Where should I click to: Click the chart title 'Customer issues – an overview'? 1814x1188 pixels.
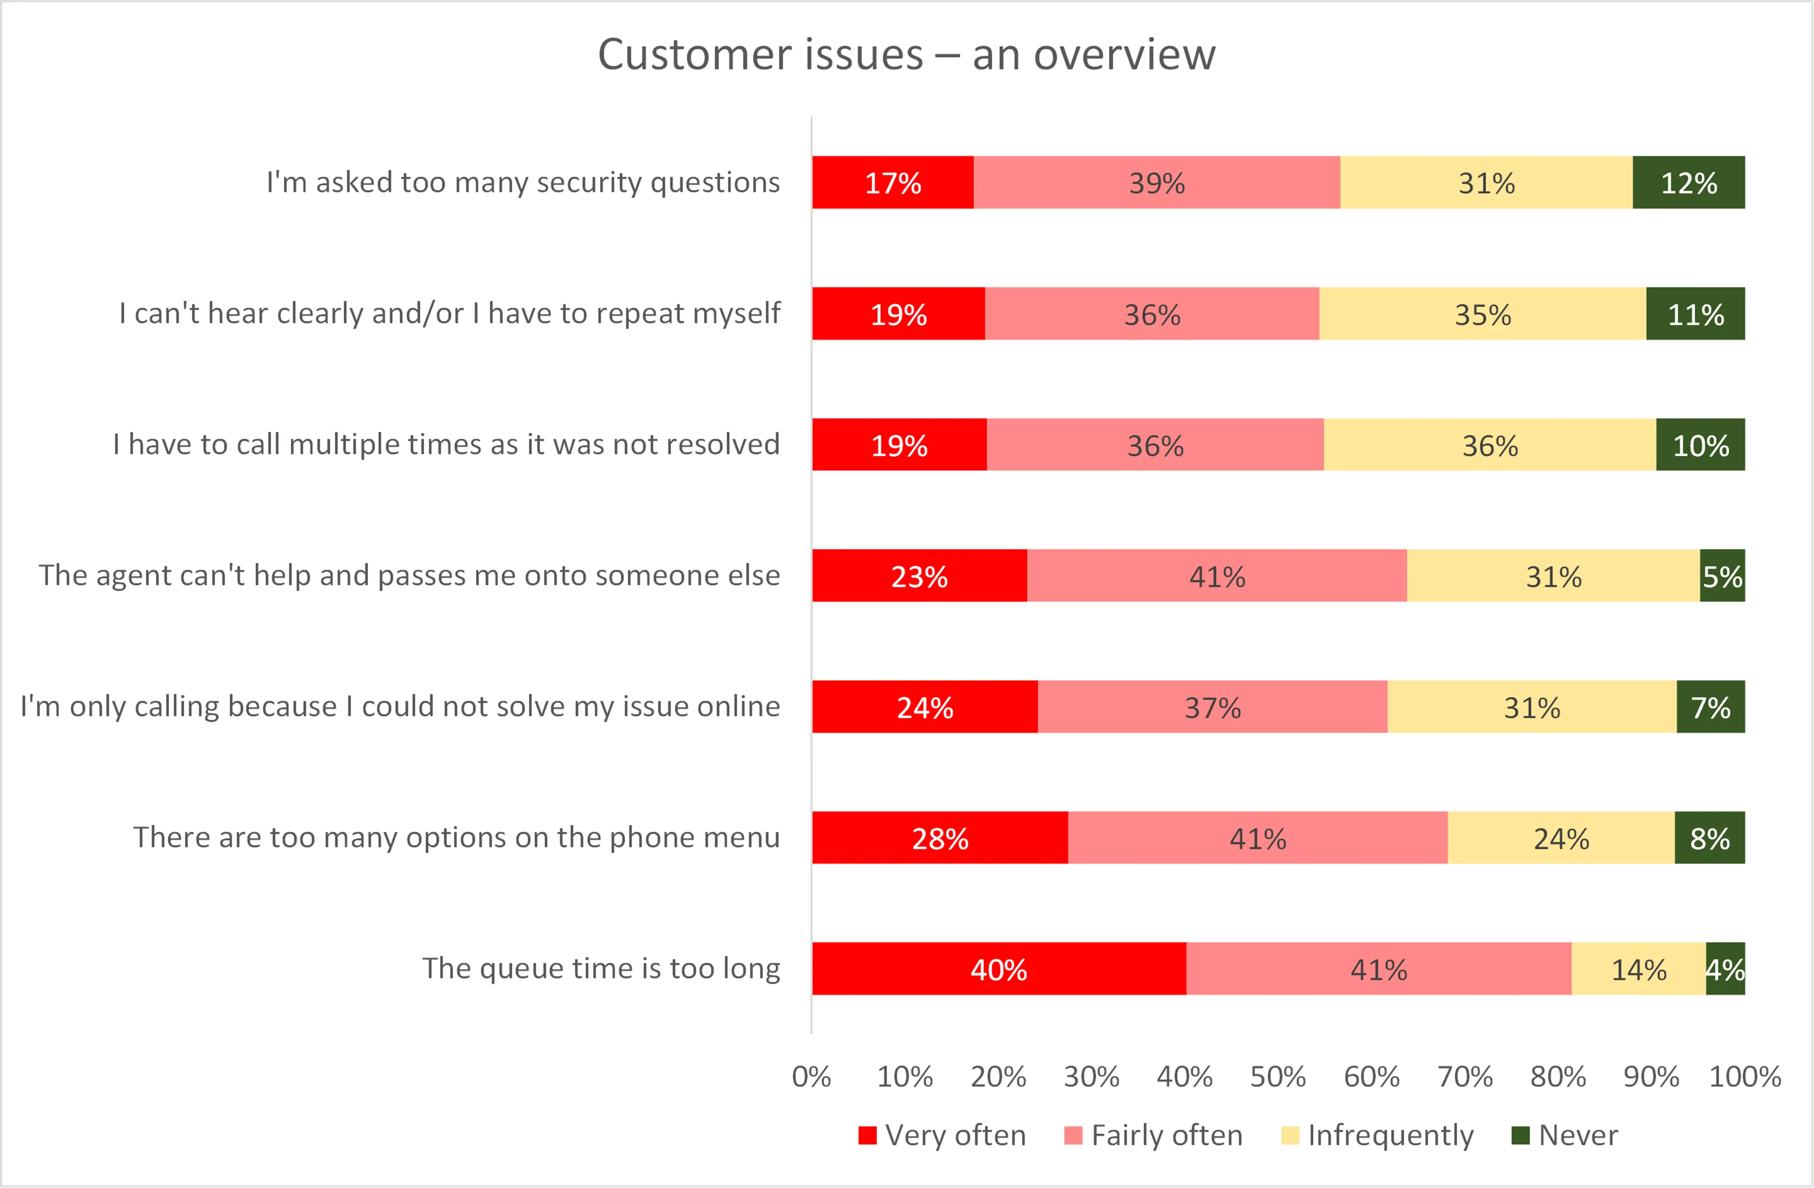coord(906,55)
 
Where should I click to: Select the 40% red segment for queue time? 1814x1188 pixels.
coord(998,969)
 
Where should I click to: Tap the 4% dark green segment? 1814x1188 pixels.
coord(1725,969)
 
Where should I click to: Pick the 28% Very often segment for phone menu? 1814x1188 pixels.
coord(940,837)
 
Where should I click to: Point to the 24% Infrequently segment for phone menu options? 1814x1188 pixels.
coord(1561,837)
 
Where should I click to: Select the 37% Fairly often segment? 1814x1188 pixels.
coord(1212,707)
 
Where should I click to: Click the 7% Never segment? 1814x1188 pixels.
coord(1710,707)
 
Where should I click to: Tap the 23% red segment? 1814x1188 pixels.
coord(919,575)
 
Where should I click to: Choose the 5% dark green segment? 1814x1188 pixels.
coord(1722,575)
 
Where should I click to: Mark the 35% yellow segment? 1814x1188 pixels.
coord(1483,313)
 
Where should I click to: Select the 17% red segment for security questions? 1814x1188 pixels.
coord(892,182)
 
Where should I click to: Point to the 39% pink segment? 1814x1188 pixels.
coord(1156,182)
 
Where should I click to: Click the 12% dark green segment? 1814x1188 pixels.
coord(1688,182)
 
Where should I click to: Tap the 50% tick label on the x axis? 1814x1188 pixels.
coord(1278,1077)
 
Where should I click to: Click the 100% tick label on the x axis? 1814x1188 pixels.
coord(1744,1077)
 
